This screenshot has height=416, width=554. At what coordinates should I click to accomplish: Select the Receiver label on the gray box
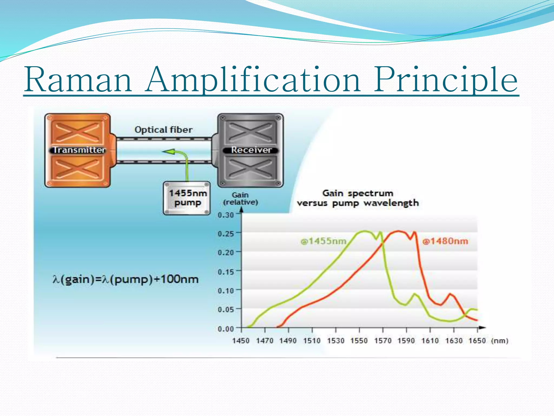(x=251, y=150)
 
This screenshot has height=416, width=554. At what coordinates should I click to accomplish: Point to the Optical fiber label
(x=164, y=130)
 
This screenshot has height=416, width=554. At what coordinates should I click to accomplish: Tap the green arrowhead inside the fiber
(x=169, y=152)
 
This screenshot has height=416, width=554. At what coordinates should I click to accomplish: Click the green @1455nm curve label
(x=323, y=241)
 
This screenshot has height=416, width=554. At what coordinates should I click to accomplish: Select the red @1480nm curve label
(x=445, y=241)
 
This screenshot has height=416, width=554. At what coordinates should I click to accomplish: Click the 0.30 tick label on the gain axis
(x=226, y=215)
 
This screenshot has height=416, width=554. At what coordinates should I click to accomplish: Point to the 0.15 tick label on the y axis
(x=226, y=272)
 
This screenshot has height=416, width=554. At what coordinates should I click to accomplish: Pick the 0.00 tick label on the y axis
(x=226, y=329)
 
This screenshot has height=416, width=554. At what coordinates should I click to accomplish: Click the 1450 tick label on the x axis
(x=241, y=341)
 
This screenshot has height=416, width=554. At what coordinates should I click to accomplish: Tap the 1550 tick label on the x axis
(x=359, y=341)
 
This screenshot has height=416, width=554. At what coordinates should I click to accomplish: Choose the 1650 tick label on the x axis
(x=477, y=341)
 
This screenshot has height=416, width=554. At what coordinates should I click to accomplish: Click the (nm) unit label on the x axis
(x=500, y=341)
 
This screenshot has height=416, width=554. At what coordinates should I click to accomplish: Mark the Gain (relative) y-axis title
(x=240, y=199)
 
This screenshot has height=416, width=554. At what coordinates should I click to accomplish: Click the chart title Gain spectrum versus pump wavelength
(x=358, y=198)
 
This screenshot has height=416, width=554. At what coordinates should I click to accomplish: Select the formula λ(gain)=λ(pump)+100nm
(x=126, y=279)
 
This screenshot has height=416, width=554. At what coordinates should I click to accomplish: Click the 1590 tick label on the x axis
(x=406, y=341)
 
